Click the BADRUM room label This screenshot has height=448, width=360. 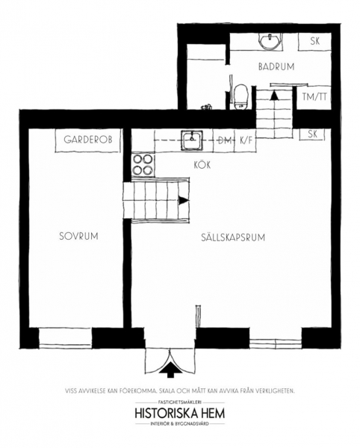(276, 67)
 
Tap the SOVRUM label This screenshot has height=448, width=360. (78, 236)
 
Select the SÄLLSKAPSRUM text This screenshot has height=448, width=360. (233, 237)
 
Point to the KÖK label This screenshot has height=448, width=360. (202, 165)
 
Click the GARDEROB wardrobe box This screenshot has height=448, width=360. (88, 140)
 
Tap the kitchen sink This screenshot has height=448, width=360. (192, 140)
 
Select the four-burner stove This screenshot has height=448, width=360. (143, 165)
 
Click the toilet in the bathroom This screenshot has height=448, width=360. (240, 96)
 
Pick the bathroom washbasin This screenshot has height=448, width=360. (270, 41)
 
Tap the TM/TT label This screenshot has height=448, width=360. (314, 97)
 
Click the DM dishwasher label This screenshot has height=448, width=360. (224, 140)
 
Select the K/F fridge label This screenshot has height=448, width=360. (246, 140)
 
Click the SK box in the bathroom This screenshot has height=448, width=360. (315, 42)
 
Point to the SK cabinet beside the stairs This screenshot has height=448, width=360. (312, 134)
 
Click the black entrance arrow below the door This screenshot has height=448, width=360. (170, 370)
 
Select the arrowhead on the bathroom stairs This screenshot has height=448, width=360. (274, 95)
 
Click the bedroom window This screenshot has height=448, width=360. (65, 338)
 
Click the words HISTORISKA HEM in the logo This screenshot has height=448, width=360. (180, 413)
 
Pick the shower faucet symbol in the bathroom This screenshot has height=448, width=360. (207, 107)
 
